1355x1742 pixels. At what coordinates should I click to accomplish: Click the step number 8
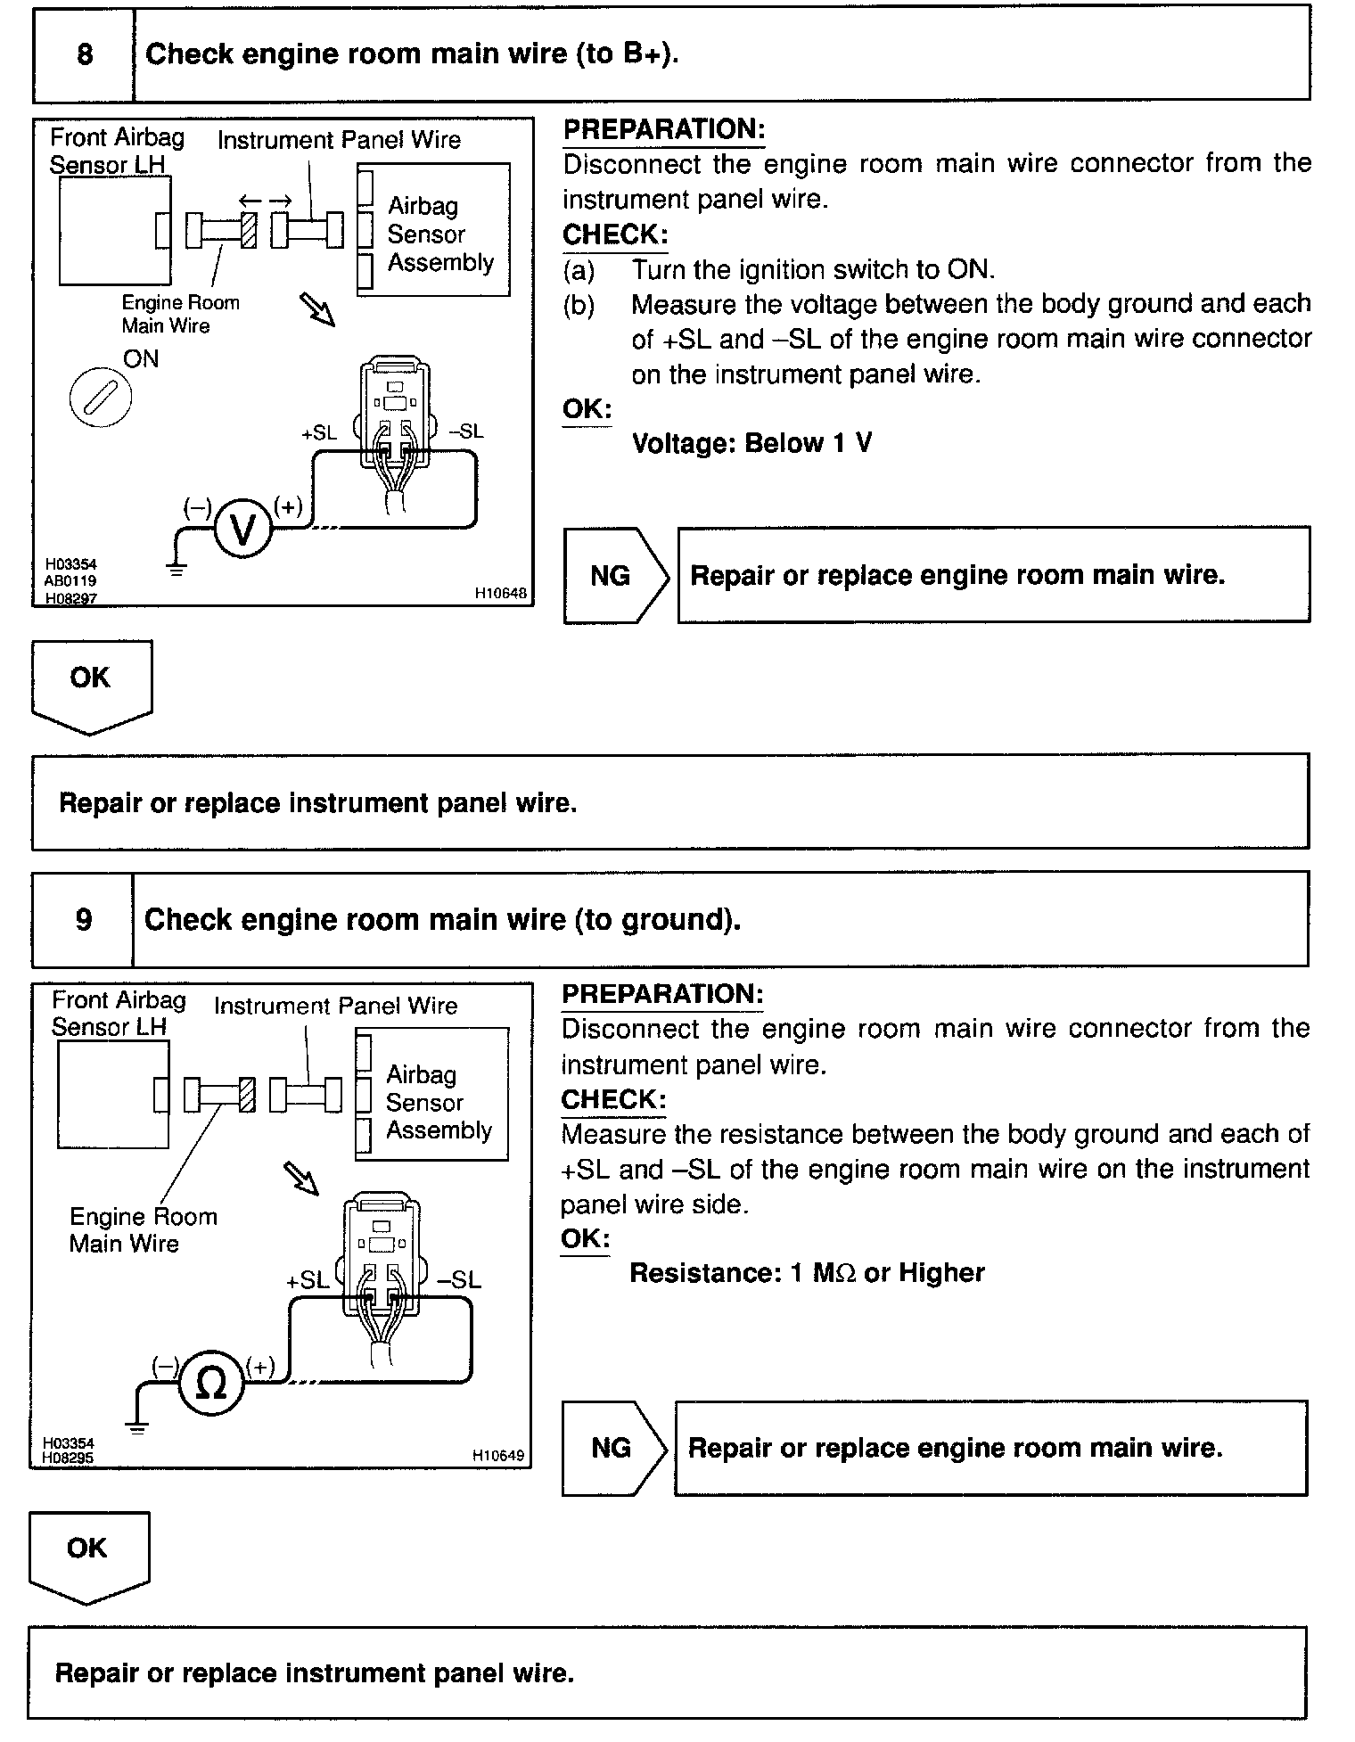(x=85, y=54)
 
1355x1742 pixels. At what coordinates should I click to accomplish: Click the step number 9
(x=84, y=919)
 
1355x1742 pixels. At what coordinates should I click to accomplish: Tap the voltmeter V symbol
(x=242, y=530)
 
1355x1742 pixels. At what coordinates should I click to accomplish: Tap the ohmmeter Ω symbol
(x=210, y=1383)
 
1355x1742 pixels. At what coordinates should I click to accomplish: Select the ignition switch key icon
(x=100, y=398)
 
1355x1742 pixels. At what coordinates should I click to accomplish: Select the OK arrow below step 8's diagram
(x=92, y=687)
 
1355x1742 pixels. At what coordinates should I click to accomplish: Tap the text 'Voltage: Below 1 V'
(x=751, y=443)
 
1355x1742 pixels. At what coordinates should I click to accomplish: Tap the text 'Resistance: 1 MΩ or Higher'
(x=807, y=1272)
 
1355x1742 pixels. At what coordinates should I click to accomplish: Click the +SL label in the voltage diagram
(x=319, y=433)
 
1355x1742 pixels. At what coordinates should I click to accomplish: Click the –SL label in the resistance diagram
(x=459, y=1280)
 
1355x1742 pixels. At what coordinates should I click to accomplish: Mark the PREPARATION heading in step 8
(x=664, y=130)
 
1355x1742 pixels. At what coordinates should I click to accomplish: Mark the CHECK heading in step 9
(x=613, y=1100)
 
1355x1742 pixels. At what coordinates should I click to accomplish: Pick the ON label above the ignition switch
(x=141, y=359)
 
